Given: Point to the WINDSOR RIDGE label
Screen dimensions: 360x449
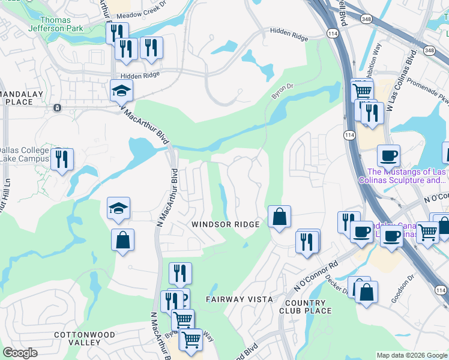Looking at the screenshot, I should [225, 224].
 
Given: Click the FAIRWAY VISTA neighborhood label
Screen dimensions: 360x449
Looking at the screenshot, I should [239, 299].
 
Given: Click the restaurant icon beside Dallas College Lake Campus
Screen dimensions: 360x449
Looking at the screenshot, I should [62, 160].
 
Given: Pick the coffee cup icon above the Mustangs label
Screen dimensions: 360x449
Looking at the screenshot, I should [388, 155].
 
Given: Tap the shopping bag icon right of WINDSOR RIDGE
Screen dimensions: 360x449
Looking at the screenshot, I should [279, 217].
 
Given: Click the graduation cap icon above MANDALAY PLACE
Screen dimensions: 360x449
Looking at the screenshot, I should [121, 91].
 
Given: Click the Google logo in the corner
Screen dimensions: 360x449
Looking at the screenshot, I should [20, 353].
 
